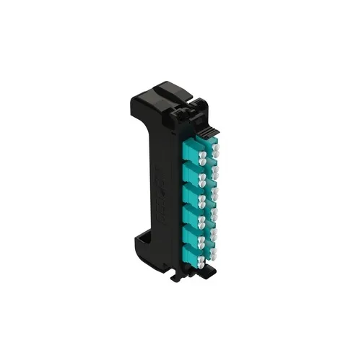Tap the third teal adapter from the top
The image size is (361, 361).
point(191,193)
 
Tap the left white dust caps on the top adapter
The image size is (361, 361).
point(202,156)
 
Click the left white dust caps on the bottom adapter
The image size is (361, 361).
point(202,258)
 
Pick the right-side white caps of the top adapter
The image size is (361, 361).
point(214,144)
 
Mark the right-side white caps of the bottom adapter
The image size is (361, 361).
point(213,249)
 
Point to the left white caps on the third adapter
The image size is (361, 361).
point(202,197)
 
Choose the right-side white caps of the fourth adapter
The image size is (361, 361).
point(214,208)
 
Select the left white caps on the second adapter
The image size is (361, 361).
point(202,177)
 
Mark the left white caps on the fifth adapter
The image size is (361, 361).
point(202,238)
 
